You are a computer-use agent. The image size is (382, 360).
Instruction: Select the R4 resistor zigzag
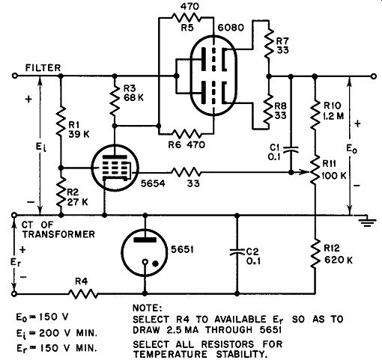tap(83, 294)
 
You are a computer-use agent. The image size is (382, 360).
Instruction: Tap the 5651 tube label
tap(182, 249)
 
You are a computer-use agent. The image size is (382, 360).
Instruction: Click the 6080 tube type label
tap(231, 27)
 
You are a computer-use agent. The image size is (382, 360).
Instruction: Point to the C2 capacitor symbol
tap(237, 252)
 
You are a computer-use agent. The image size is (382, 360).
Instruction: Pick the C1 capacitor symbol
tap(291, 149)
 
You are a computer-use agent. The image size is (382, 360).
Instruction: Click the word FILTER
tap(43, 68)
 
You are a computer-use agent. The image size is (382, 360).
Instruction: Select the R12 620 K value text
tap(339, 260)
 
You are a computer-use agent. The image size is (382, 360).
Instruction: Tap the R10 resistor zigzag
tap(315, 115)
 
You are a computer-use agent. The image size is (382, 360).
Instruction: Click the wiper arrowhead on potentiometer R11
tap(306, 172)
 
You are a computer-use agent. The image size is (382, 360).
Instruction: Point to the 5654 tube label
tap(153, 183)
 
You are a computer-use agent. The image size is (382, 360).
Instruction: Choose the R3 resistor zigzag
tap(115, 100)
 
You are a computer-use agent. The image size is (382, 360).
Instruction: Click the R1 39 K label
tap(79, 129)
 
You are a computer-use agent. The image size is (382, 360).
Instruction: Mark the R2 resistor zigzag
tap(61, 192)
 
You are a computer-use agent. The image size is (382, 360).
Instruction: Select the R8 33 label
tap(281, 111)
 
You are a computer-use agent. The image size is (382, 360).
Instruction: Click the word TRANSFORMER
tap(58, 234)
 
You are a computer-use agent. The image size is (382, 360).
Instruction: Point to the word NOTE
tap(147, 308)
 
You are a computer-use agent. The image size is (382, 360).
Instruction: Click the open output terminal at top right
tap(374, 76)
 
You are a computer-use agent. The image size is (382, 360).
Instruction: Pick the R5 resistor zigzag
tap(186, 17)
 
